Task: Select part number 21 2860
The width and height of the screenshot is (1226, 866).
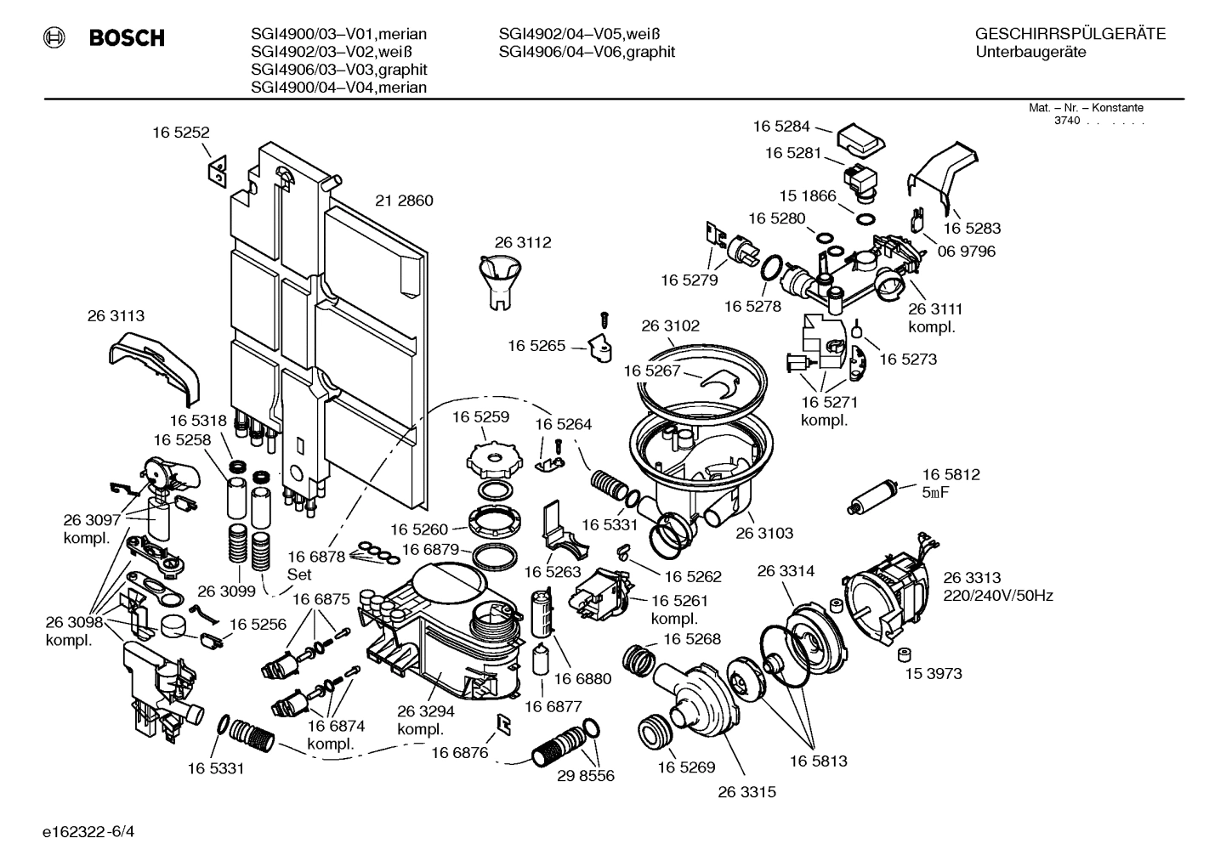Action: pos(404,201)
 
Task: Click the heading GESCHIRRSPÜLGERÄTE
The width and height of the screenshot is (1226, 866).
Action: pos(1070,34)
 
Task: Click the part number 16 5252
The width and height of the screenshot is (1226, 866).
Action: pos(181,133)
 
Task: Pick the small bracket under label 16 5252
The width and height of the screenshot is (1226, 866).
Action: pos(217,171)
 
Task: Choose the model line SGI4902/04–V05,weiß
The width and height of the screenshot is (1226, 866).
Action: pos(579,34)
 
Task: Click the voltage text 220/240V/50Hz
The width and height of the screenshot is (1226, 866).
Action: pos(998,596)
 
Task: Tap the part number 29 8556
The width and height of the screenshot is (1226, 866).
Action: pos(586,776)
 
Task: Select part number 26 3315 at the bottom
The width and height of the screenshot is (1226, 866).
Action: pos(746,792)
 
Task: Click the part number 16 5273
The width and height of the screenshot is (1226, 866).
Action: pos(908,359)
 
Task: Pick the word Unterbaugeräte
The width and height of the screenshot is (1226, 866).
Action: pos(1031,52)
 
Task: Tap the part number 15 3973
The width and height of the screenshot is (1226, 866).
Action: pos(934,673)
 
